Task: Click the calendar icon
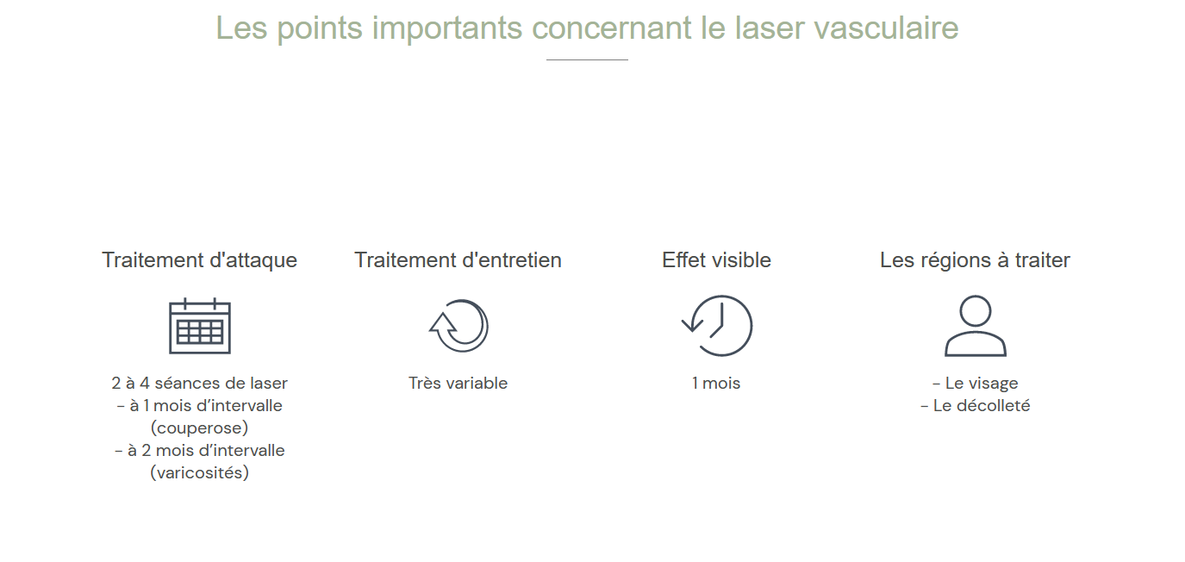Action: (199, 326)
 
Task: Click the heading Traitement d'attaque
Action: (199, 260)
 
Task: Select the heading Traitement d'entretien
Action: (458, 260)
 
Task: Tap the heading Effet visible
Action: (716, 260)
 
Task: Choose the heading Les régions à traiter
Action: (975, 260)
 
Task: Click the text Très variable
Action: (458, 383)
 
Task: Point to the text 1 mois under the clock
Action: (716, 383)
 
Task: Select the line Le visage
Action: (975, 383)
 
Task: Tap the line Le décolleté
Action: (975, 406)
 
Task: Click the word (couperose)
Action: (199, 428)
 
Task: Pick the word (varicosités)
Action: (199, 472)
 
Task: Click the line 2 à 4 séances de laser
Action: (199, 383)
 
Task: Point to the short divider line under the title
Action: (587, 59)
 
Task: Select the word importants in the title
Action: (447, 28)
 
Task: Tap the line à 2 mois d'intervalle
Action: (199, 450)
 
